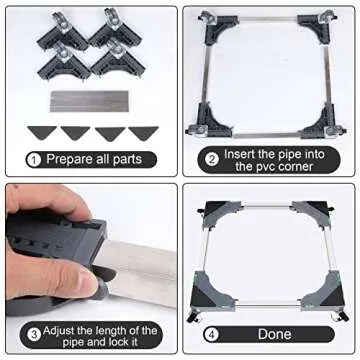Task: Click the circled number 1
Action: tap(34, 160)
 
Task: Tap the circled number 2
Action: tap(212, 159)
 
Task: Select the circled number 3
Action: tap(34, 335)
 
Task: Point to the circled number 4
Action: tap(212, 335)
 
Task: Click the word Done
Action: tap(274, 334)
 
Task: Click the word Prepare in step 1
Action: tap(69, 159)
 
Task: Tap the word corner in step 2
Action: tap(293, 166)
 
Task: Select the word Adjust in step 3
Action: tap(59, 331)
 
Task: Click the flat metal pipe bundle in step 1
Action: tap(89, 101)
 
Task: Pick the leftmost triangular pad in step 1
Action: tap(42, 132)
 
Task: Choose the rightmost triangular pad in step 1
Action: tap(143, 132)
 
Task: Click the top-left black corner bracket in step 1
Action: tap(63, 34)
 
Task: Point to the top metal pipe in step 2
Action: tap(268, 19)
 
